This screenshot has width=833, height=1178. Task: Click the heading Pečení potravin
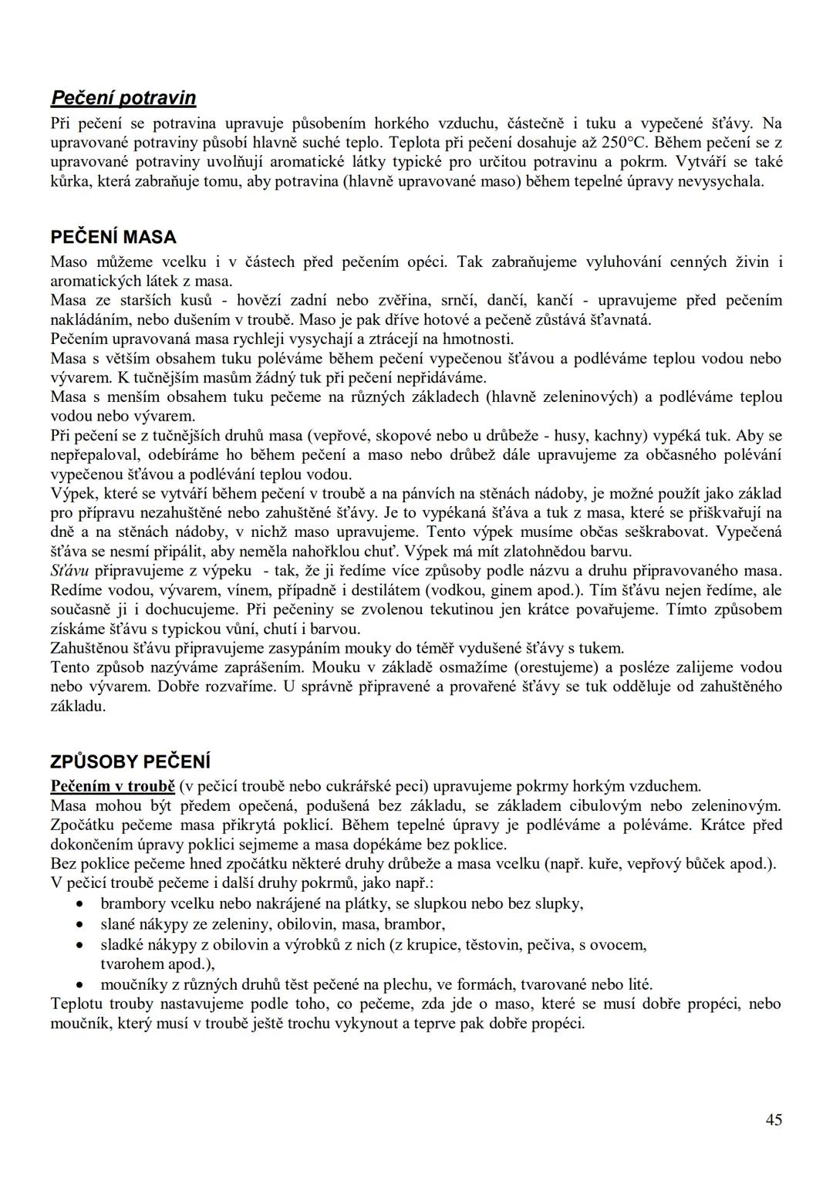pos(123,98)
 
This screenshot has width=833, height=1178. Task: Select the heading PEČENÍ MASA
pos(113,237)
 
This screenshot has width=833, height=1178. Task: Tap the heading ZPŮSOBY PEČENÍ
pos(130,761)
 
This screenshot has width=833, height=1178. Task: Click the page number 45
pos(774,1119)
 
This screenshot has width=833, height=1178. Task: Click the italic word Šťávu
pos(69,571)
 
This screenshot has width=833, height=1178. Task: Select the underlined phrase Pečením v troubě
pos(113,786)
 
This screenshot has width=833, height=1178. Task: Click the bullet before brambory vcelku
pos(79,904)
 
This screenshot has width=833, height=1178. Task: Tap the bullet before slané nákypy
pos(79,924)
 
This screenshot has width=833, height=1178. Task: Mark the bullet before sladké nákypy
pos(79,944)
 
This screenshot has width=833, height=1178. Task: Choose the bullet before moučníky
pos(79,985)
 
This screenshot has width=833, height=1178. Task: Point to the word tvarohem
pos(133,964)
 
